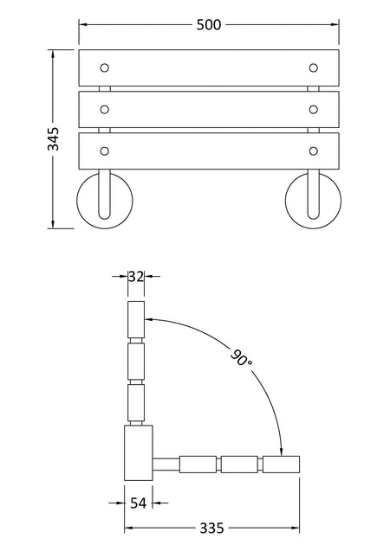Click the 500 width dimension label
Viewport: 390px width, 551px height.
click(209, 25)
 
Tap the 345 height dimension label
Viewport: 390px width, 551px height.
click(54, 138)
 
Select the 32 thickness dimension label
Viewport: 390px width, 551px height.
click(136, 277)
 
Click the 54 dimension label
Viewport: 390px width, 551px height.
click(138, 503)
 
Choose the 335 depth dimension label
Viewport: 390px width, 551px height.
click(211, 528)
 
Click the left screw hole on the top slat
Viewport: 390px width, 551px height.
click(105, 67)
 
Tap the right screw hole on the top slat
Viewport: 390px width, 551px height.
click(313, 67)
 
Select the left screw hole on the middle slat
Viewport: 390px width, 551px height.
click(105, 110)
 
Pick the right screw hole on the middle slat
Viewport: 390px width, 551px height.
click(313, 110)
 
